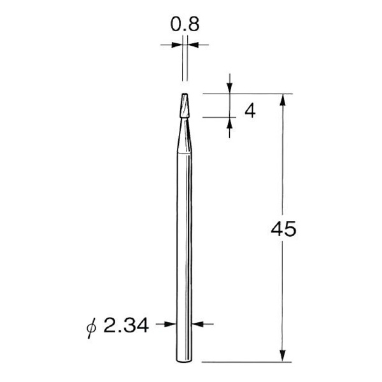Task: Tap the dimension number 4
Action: click(x=250, y=111)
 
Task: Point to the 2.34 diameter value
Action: click(x=124, y=327)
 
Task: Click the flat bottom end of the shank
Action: click(x=183, y=364)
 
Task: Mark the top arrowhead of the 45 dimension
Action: click(x=281, y=99)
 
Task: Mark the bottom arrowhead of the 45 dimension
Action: click(x=281, y=358)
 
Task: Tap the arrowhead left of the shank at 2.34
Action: click(x=171, y=324)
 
